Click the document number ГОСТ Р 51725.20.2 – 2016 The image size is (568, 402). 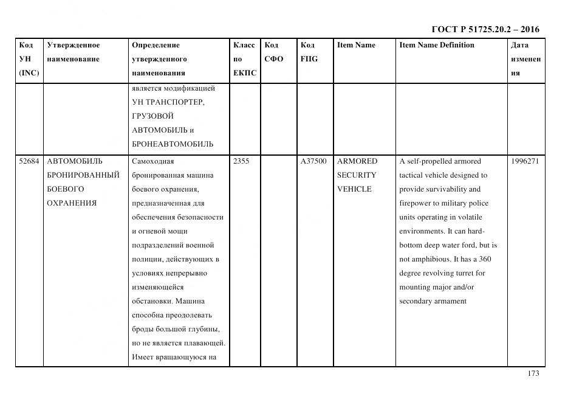(485, 29)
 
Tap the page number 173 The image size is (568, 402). (533, 373)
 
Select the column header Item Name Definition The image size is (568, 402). (436, 45)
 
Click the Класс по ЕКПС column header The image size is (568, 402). (244, 59)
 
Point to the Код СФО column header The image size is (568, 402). (273, 52)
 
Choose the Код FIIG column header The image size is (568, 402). (309, 52)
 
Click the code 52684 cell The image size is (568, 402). (29, 161)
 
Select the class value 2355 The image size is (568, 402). (241, 161)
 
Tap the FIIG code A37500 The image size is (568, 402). (313, 161)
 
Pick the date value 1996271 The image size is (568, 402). (525, 161)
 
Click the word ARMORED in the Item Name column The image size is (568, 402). (357, 161)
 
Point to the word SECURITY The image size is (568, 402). (356, 175)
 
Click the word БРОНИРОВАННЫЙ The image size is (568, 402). (83, 175)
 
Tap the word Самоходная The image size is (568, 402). (152, 161)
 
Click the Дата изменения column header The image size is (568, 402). (525, 59)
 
